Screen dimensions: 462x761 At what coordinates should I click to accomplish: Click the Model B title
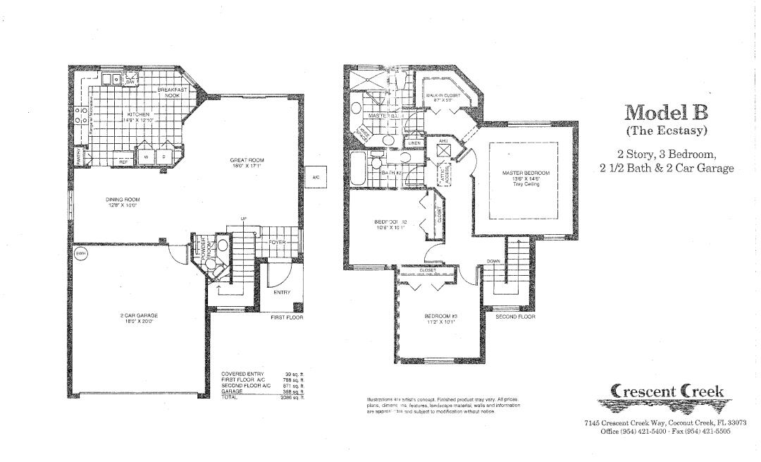666,113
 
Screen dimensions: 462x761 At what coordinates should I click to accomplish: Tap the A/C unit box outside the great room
315,177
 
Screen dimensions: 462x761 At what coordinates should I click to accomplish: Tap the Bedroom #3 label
440,318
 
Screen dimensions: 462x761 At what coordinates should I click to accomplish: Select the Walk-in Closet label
443,97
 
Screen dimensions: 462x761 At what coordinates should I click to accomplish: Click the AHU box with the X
443,151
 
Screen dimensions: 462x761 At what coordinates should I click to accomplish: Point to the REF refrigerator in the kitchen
123,162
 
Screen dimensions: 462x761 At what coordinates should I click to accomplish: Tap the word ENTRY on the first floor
282,292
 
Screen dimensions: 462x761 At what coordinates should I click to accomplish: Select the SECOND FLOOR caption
515,317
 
